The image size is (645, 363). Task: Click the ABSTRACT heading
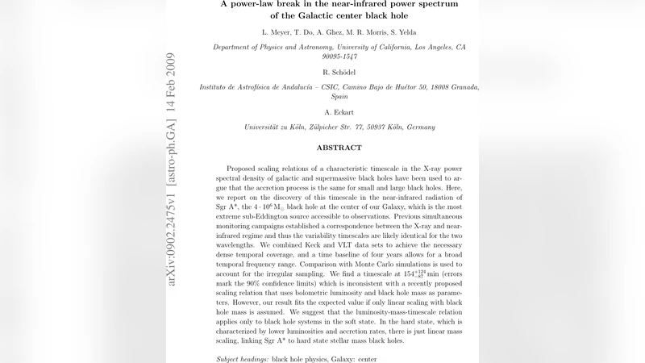[339, 148]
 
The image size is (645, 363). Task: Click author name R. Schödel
[339, 73]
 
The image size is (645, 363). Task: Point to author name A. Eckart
[339, 113]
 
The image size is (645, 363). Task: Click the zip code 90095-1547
[339, 56]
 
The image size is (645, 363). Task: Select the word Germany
[418, 127]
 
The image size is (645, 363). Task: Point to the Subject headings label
[243, 358]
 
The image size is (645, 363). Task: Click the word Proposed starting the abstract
[246, 164]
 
